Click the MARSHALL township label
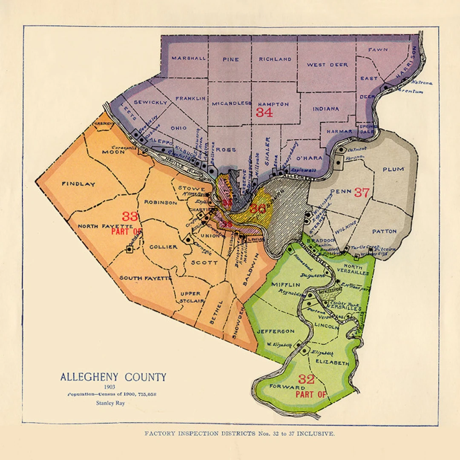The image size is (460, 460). (189, 58)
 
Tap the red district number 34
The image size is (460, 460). (264, 112)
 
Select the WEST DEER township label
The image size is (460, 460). (328, 65)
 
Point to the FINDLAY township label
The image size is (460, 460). (78, 184)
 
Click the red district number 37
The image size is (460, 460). (362, 193)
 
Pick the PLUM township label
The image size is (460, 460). (393, 169)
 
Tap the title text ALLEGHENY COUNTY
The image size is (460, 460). (113, 377)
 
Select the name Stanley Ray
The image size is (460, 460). (110, 403)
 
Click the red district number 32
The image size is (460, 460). (306, 379)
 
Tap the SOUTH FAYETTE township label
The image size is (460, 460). (145, 278)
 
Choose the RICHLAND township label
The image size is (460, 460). (275, 59)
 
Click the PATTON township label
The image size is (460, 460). (384, 231)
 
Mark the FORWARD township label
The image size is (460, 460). (287, 387)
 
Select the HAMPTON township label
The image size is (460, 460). (273, 104)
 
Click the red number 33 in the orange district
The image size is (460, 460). (130, 216)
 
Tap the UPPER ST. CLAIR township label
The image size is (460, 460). (190, 297)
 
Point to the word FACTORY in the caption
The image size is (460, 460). (159, 434)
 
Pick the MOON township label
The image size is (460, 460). (111, 152)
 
